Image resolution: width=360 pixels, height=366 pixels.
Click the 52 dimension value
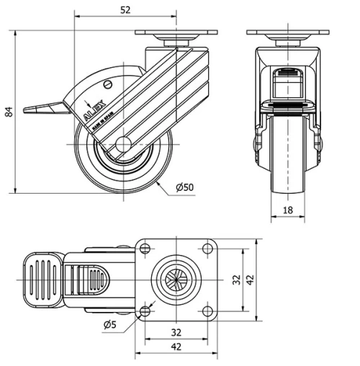(126, 10)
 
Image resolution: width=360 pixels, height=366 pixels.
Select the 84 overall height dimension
(9, 111)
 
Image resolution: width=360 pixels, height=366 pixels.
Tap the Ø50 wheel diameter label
(184, 188)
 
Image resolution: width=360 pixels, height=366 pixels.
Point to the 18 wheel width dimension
(287, 210)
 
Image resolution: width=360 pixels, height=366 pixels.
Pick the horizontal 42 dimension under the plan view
(176, 347)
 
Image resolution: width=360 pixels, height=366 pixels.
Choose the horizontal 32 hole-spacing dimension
(176, 333)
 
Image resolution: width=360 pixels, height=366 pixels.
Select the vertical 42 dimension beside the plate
(250, 280)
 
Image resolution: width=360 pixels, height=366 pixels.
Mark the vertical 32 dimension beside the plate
(237, 280)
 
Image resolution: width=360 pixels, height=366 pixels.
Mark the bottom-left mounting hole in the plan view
(145, 311)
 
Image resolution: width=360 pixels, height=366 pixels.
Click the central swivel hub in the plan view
(176, 280)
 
